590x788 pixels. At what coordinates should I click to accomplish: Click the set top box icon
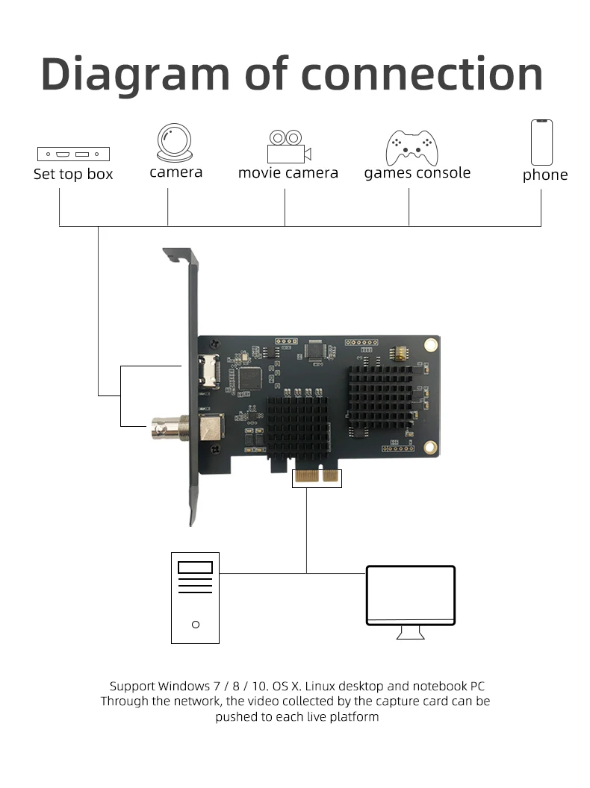[x=73, y=154]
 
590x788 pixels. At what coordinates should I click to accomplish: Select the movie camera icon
[x=288, y=146]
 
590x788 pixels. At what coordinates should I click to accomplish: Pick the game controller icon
[x=411, y=147]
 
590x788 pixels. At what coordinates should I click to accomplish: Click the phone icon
[x=542, y=142]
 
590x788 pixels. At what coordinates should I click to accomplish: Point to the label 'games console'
[x=417, y=173]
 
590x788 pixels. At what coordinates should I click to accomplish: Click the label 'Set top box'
[x=73, y=175]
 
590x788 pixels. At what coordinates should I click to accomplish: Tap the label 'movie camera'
[x=288, y=173]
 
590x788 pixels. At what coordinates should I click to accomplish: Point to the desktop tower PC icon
[x=195, y=597]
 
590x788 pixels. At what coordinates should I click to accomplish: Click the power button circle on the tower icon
[x=196, y=624]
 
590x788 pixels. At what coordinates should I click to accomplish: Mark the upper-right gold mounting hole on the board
[x=429, y=344]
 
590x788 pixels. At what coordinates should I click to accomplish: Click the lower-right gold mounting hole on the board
[x=429, y=447]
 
